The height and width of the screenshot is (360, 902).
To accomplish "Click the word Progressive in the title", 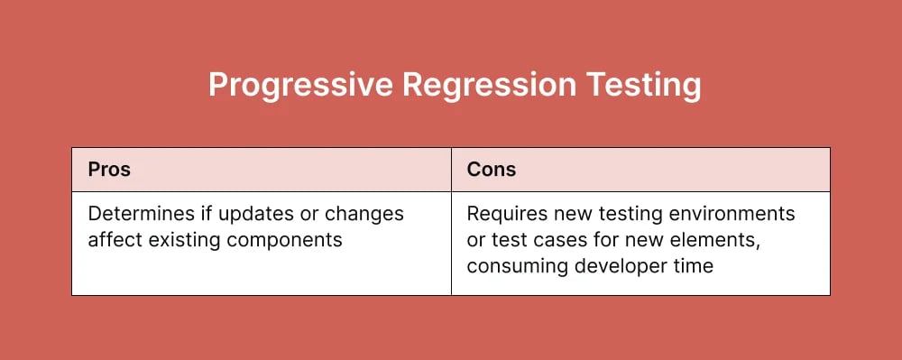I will coord(299,86).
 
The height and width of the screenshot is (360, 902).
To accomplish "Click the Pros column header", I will coord(109,170).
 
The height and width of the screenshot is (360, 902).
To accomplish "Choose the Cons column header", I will coord(492,170).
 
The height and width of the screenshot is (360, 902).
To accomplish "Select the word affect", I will coord(113,240).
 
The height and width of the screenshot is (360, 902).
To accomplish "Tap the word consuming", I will coord(513,265).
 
